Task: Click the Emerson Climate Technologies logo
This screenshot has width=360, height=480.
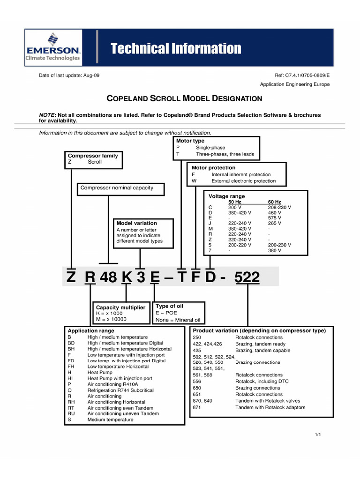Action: [x=53, y=47]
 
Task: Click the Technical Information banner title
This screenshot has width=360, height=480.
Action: [x=176, y=48]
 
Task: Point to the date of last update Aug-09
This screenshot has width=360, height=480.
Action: [x=69, y=75]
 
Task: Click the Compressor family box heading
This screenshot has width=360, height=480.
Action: [x=93, y=156]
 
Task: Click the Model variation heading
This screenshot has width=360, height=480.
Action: [x=136, y=223]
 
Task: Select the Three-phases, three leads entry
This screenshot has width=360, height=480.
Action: [x=225, y=154]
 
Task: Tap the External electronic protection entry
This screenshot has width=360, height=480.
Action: [x=243, y=180]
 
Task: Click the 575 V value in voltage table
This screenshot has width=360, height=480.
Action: [x=275, y=217]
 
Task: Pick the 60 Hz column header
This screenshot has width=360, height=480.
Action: [x=275, y=202]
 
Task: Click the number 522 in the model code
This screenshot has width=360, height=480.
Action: [x=247, y=277]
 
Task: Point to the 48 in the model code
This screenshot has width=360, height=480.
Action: [x=108, y=277]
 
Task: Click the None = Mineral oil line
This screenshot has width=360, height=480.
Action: [x=178, y=320]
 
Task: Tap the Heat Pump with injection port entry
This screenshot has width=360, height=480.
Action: [x=120, y=378]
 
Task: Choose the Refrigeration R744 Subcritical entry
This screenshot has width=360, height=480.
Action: [x=120, y=390]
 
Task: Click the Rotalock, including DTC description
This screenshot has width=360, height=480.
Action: [x=262, y=382]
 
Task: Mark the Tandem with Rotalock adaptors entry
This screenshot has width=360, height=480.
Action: [x=270, y=407]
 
